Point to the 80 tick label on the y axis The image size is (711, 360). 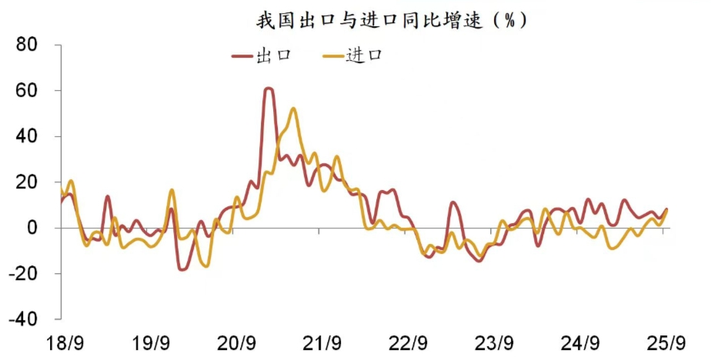(x=28, y=45)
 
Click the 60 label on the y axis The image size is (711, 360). (x=28, y=91)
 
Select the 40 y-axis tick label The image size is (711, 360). (x=28, y=137)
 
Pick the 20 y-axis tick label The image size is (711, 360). (x=28, y=182)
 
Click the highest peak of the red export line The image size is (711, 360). (x=269, y=89)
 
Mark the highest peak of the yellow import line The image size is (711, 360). (x=293, y=109)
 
